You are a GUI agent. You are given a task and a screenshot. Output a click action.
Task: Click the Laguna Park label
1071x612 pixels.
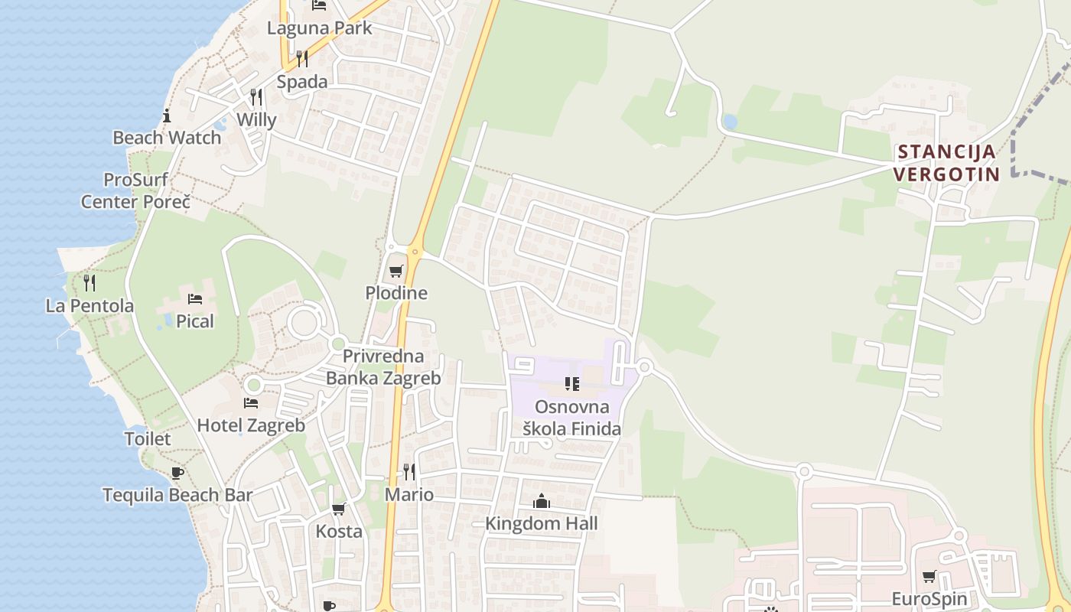pos(319,28)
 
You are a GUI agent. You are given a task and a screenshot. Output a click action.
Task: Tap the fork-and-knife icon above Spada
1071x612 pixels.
pos(302,59)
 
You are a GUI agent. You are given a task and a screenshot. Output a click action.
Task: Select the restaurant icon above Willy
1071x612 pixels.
pos(256,97)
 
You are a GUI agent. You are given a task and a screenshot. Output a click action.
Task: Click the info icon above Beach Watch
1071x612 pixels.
pos(167,116)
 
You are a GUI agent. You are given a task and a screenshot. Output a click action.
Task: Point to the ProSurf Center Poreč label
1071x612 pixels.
pos(135,190)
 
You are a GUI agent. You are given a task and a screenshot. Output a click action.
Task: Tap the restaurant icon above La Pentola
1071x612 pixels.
pos(90,283)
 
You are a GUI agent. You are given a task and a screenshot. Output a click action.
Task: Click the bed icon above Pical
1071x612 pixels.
pos(195,298)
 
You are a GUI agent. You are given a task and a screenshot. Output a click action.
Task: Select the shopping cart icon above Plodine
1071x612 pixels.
pos(396,271)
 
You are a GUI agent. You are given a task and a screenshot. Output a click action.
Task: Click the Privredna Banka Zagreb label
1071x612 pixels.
pos(383,367)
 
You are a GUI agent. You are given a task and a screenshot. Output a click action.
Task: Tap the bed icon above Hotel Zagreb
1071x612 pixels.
pos(251,402)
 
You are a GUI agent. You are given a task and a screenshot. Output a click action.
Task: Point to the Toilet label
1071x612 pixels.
pos(148,439)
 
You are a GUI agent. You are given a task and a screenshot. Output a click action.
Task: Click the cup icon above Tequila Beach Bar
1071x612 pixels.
pos(177,473)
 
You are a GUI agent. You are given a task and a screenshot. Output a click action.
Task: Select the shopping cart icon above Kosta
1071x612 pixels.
pos(338,509)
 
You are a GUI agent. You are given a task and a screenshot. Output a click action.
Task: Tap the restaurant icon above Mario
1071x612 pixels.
pos(409,471)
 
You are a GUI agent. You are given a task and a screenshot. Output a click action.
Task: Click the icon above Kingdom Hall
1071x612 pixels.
pos(542,501)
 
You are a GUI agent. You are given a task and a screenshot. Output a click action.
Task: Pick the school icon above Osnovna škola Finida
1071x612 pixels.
pos(572,384)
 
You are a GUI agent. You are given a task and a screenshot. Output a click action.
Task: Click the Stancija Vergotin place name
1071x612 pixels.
pos(947,162)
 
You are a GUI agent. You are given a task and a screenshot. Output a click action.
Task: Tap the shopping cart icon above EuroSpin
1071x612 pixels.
pos(929,576)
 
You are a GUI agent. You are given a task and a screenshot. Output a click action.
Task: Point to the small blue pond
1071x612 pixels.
pos(730,122)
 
